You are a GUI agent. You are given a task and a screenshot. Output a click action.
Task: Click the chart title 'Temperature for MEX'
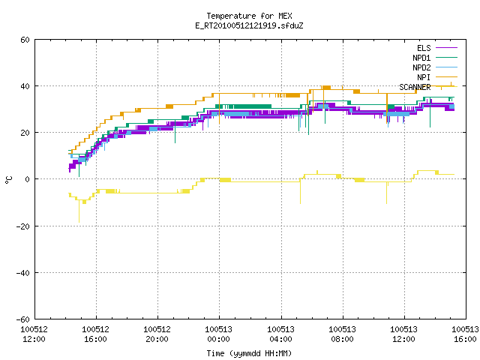pos(249,16)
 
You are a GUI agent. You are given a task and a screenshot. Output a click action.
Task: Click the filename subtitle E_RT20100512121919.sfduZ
pos(249,25)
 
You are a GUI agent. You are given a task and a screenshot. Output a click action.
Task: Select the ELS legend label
pos(424,48)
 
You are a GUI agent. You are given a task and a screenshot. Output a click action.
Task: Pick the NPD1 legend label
pos(421,58)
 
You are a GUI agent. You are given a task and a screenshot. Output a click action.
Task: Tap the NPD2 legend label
pos(421,67)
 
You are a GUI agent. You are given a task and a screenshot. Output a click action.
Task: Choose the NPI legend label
pos(424,77)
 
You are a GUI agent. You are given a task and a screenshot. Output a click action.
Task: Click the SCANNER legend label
pos(415,87)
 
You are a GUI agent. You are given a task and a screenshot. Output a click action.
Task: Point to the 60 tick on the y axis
pos(25,40)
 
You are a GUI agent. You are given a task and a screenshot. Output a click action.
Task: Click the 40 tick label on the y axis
pos(25,86)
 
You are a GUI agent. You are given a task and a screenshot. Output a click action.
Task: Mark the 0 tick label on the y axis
pos(28,179)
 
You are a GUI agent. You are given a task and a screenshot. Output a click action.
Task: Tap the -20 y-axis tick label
pos(23,226)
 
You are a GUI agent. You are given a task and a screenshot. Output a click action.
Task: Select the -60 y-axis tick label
pos(23,319)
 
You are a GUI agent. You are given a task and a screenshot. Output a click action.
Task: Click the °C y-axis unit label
pos(9,180)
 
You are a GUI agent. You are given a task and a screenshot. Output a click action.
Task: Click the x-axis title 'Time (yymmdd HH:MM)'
pos(249,353)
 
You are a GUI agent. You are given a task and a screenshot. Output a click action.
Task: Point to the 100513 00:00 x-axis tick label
pos(219,334)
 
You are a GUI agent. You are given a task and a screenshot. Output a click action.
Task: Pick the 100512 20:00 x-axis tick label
pos(157,334)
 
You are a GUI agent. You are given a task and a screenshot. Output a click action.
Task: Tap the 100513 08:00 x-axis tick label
pos(342,334)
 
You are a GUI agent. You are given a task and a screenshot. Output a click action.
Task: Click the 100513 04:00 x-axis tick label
pos(280,334)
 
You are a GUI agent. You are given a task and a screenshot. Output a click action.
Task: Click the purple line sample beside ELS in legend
pos(446,48)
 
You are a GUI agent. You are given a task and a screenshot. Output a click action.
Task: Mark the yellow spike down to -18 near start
pos(79,211)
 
